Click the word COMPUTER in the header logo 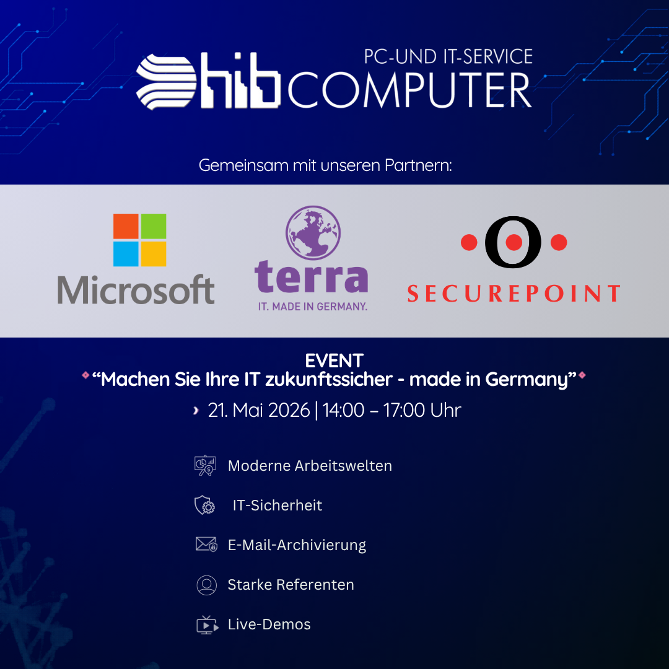(410, 90)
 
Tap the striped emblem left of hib (166, 82)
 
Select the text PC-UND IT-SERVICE (448, 57)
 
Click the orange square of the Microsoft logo (126, 226)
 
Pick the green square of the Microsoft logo (154, 226)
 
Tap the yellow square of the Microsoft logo (154, 254)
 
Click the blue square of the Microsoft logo (126, 254)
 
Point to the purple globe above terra (313, 232)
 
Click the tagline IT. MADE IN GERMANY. (313, 307)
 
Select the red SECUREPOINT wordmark (514, 293)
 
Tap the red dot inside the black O (514, 242)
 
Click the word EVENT (334, 361)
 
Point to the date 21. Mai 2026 (258, 411)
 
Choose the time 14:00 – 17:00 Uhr (391, 411)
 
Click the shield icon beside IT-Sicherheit (205, 505)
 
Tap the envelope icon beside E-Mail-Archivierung (206, 544)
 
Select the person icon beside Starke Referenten (206, 585)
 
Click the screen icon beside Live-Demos (208, 625)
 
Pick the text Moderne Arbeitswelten (310, 465)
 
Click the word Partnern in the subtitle (418, 165)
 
